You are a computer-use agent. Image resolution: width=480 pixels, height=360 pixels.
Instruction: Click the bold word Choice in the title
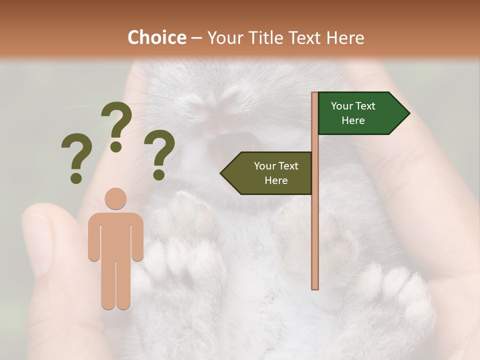tap(156, 37)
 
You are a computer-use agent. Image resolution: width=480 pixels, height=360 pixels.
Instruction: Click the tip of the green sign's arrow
tap(408, 113)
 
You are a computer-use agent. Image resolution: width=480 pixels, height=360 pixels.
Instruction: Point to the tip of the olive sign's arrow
tap(221, 173)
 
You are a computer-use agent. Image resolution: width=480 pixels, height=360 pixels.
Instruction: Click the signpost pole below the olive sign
tap(315, 240)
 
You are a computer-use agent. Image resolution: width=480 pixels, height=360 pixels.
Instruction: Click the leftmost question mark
tap(76, 157)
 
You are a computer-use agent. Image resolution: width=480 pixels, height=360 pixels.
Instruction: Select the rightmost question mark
tap(159, 153)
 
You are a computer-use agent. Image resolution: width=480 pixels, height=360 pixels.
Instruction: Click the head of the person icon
tap(115, 198)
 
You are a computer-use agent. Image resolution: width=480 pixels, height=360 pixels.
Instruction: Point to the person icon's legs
tap(115, 285)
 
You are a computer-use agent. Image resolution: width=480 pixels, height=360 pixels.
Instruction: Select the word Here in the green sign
tap(353, 120)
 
